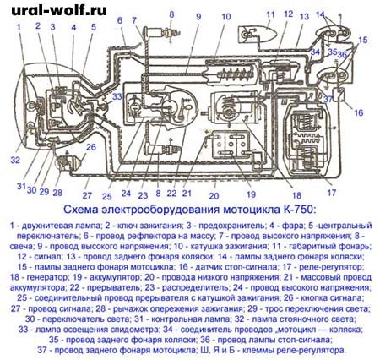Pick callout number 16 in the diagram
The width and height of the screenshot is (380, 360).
pyautogui.click(x=357, y=112)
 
